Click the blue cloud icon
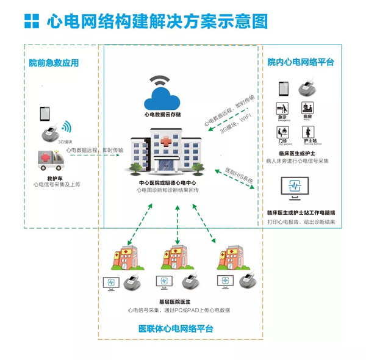coord(162,96)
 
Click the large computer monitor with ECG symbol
coord(296,189)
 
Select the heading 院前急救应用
coord(54,63)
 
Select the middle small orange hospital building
coord(176,256)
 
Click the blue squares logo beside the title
coord(30,21)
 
